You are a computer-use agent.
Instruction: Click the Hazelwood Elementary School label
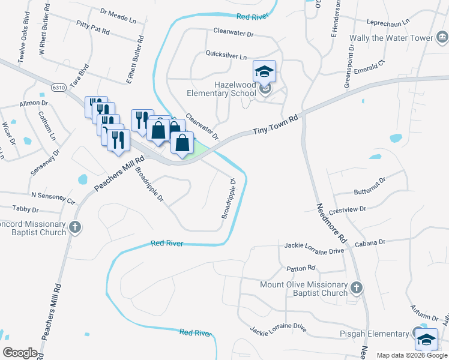[x=217, y=89]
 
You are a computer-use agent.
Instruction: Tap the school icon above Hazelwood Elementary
[x=264, y=72]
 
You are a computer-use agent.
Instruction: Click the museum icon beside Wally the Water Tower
[x=441, y=38]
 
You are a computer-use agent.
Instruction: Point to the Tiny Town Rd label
[x=276, y=125]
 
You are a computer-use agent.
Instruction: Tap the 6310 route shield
[x=58, y=88]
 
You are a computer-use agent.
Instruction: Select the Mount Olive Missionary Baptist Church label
[x=303, y=289]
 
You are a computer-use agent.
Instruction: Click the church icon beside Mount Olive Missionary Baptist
[x=357, y=288]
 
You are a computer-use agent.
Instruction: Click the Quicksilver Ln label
[x=226, y=56]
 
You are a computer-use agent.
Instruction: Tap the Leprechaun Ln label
[x=388, y=21]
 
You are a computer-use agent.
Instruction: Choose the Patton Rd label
[x=301, y=268]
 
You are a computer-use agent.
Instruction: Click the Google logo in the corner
[x=20, y=352]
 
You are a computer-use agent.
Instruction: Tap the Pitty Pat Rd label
[x=93, y=26]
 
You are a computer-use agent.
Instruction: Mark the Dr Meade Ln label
[x=118, y=15]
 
